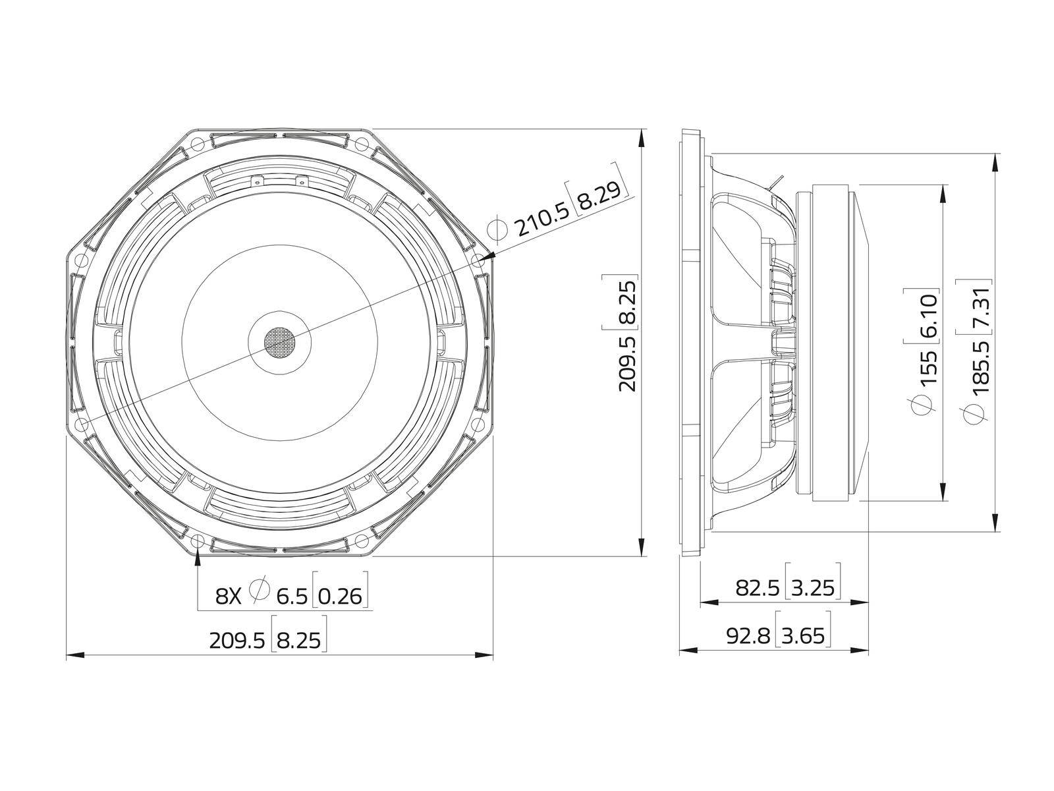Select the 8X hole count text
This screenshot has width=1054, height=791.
[x=229, y=597]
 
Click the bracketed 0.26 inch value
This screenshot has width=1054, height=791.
[x=341, y=597]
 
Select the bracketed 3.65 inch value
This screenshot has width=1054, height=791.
[x=803, y=636]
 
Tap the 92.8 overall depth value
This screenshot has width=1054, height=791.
[x=748, y=636]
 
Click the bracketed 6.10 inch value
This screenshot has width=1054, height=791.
[x=928, y=315]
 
